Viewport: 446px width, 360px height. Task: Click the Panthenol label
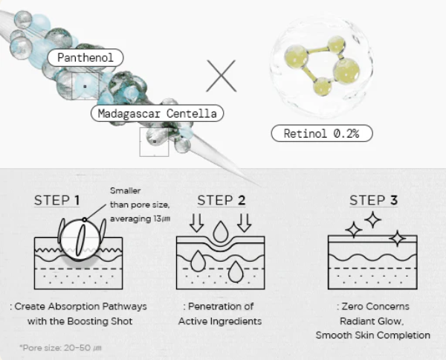[85, 57]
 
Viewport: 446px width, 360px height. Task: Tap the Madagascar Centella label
[157, 114]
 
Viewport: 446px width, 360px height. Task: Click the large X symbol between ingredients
[221, 76]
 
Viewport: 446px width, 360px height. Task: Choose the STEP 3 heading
[373, 200]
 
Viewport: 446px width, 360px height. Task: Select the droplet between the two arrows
[219, 232]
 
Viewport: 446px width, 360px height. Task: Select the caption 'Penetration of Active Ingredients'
[219, 314]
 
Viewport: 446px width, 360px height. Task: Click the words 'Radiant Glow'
[372, 321]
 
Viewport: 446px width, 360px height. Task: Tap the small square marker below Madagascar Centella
[154, 142]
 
